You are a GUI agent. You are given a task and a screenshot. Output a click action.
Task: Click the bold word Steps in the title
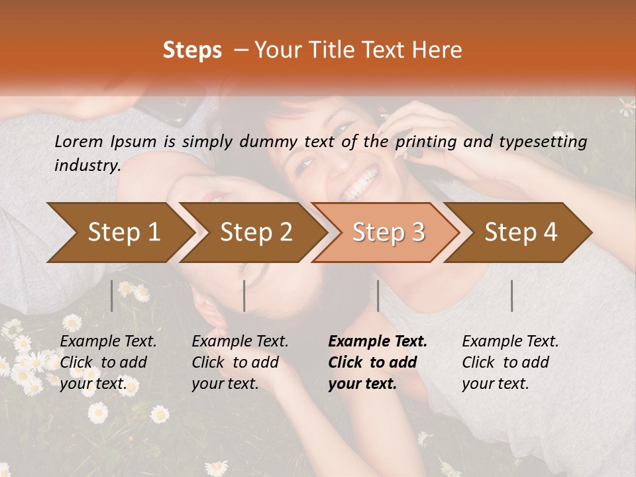192,50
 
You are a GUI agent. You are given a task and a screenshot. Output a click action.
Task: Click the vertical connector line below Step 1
112,295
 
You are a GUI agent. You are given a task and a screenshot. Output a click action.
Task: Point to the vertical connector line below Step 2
244,295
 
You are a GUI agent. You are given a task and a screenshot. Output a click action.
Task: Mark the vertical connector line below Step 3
378,295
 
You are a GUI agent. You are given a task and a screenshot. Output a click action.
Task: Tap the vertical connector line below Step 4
512,295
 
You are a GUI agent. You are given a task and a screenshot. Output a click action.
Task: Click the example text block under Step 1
108,362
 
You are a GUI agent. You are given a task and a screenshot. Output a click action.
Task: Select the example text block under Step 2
240,362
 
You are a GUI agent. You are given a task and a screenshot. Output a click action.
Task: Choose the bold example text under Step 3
378,362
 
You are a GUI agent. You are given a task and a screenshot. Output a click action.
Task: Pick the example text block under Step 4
510,362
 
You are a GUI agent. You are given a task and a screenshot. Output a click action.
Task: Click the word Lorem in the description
79,141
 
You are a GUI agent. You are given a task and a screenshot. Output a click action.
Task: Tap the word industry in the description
87,166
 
